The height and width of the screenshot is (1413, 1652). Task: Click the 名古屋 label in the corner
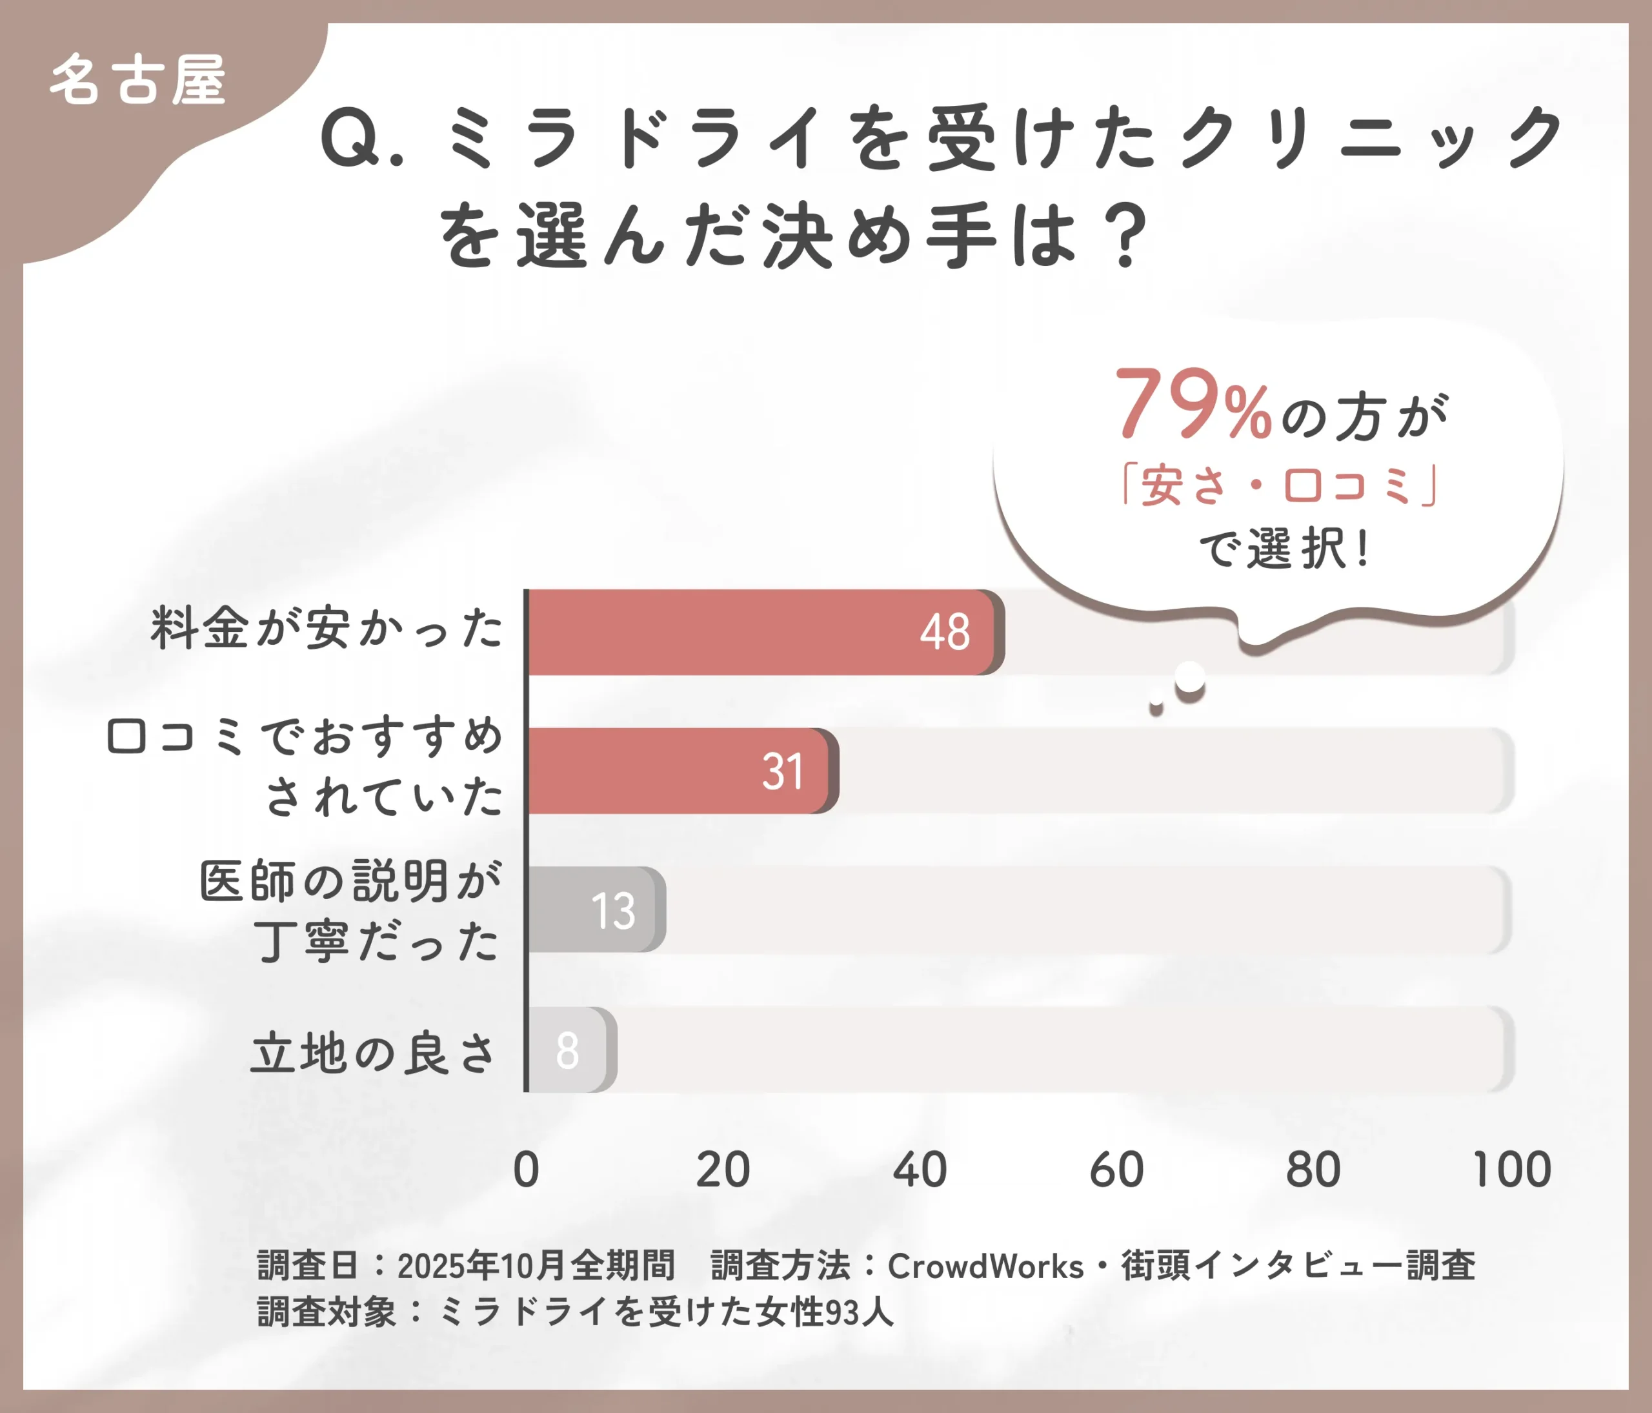pyautogui.click(x=138, y=81)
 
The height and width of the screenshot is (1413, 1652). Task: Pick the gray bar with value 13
pyautogui.click(x=594, y=910)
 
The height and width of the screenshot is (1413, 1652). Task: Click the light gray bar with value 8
pyautogui.click(x=569, y=1050)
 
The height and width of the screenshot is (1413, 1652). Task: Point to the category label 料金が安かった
pyautogui.click(x=327, y=628)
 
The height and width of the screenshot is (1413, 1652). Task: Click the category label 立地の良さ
pyautogui.click(x=373, y=1053)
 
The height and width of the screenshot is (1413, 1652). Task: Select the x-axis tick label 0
pyautogui.click(x=526, y=1170)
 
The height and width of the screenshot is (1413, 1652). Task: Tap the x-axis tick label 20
pyautogui.click(x=722, y=1170)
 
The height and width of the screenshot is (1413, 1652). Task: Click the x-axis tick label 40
pyautogui.click(x=920, y=1170)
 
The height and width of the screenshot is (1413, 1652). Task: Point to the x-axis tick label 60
pyautogui.click(x=1116, y=1170)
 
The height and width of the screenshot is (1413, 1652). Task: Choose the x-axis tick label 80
pyautogui.click(x=1313, y=1170)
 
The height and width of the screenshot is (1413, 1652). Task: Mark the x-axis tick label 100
pyautogui.click(x=1511, y=1170)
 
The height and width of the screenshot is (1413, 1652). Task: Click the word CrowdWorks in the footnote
pyautogui.click(x=985, y=1266)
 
